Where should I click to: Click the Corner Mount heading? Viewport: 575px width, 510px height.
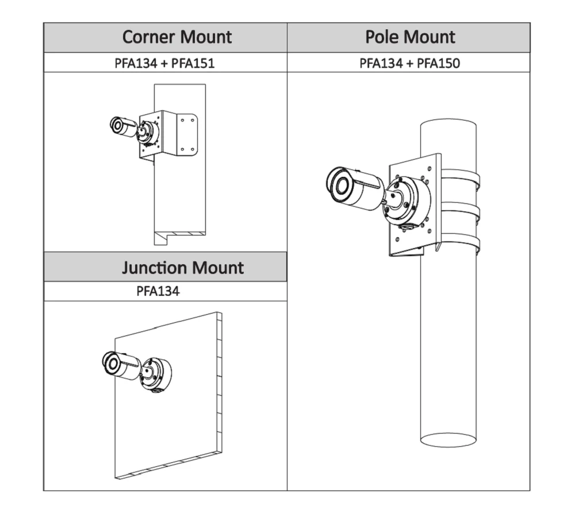pyautogui.click(x=177, y=37)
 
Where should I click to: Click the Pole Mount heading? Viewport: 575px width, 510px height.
pyautogui.click(x=410, y=37)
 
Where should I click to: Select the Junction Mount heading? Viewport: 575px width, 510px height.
pyautogui.click(x=182, y=268)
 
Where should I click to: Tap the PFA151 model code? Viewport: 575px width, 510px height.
pyautogui.click(x=193, y=63)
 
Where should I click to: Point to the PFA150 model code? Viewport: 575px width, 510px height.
pyautogui.click(x=438, y=63)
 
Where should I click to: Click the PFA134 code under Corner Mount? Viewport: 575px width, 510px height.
pyautogui.click(x=136, y=63)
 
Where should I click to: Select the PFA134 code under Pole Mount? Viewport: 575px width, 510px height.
pyautogui.click(x=381, y=63)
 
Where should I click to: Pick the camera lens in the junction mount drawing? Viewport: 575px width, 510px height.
pyautogui.click(x=110, y=362)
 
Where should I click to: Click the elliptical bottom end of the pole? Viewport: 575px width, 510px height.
pyautogui.click(x=448, y=439)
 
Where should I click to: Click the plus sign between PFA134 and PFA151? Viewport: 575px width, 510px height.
pyautogui.click(x=164, y=63)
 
